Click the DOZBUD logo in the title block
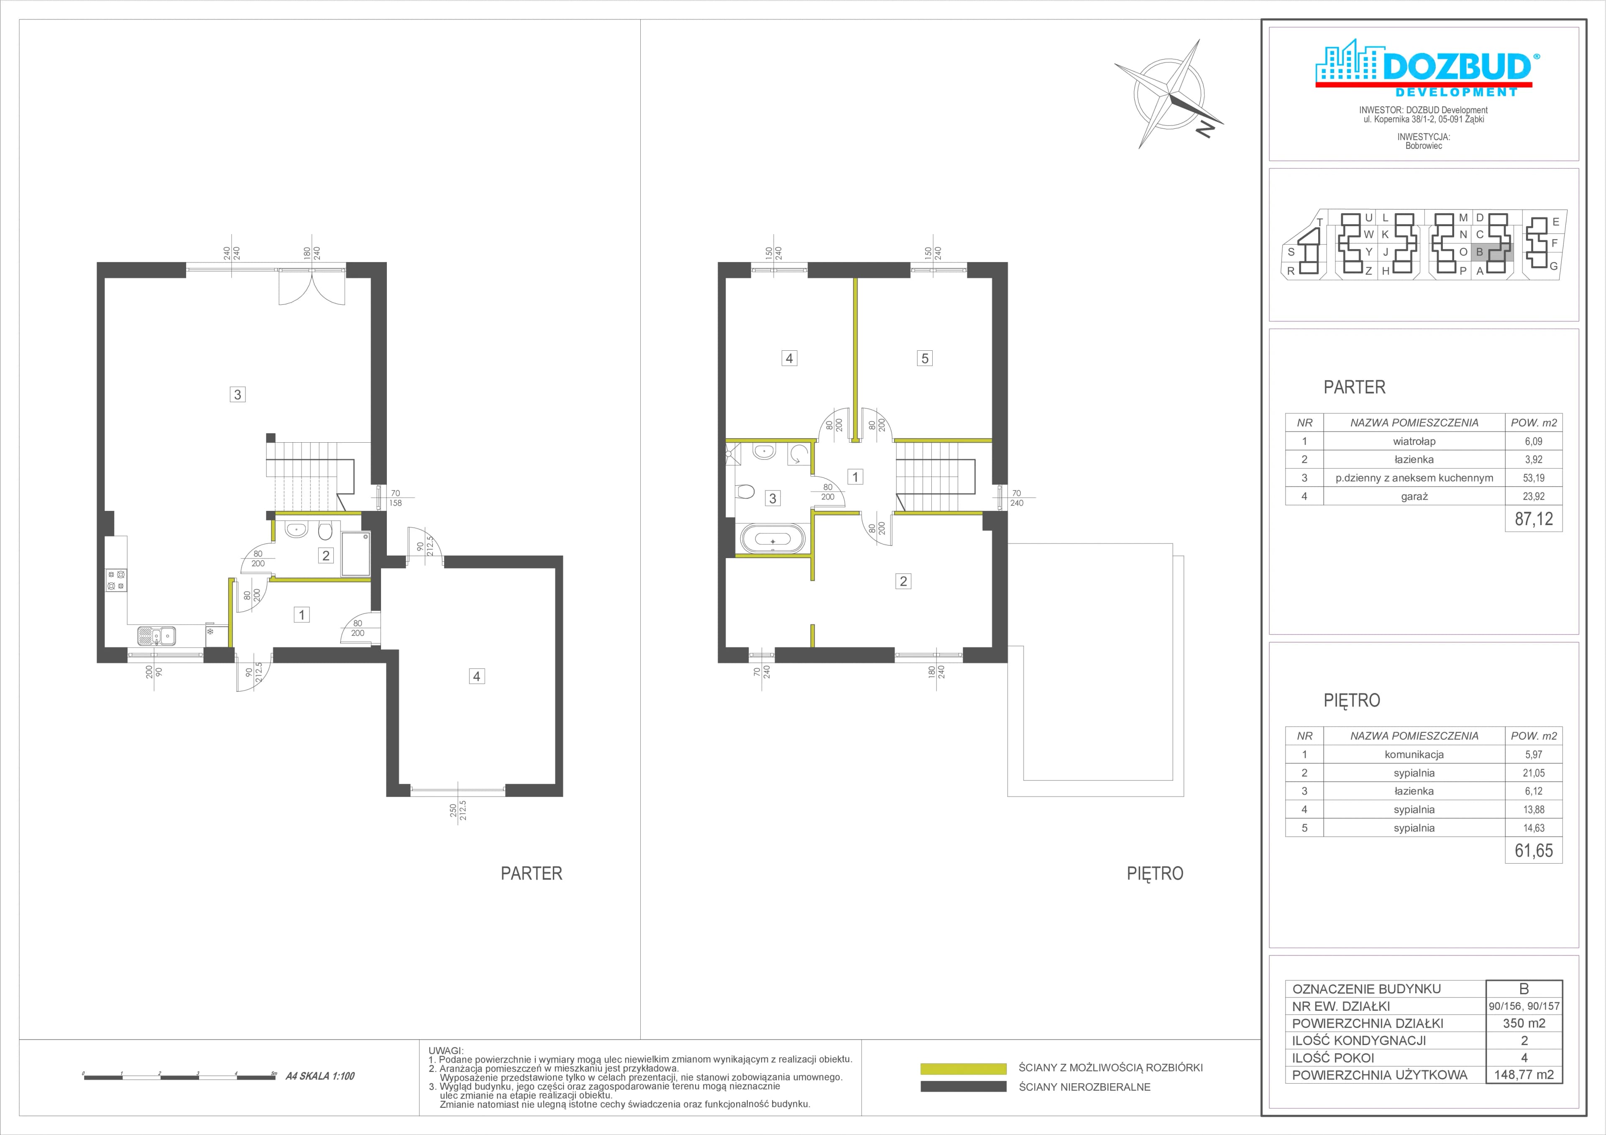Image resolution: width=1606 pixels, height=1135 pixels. pos(1424,68)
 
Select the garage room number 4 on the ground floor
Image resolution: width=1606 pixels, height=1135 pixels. pos(476,676)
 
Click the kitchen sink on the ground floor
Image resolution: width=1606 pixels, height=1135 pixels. pos(157,636)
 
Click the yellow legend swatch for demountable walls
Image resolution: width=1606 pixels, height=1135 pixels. pos(963,1069)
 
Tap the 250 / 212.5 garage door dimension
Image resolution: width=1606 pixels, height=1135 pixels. pos(458,811)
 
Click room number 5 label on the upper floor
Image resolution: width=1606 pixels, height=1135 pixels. pos(925,358)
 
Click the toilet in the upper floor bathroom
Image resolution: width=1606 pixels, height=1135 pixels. pos(746,492)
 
